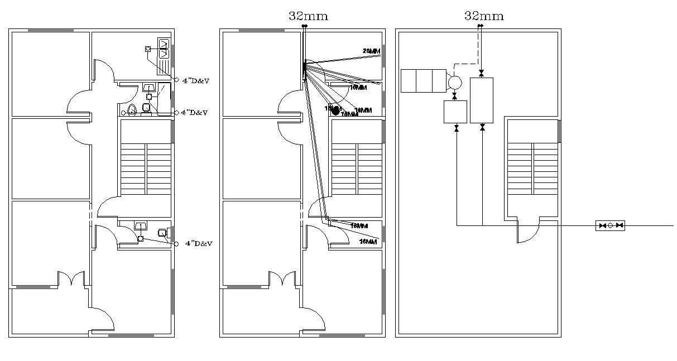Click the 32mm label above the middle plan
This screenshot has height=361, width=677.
(308, 16)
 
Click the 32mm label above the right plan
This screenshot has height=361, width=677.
(484, 16)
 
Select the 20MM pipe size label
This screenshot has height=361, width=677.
(371, 51)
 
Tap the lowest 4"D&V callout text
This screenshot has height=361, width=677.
(199, 244)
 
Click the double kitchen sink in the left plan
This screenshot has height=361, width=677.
(164, 49)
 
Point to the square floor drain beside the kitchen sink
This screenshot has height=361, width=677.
(148, 49)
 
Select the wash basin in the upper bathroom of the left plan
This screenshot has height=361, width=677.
(149, 88)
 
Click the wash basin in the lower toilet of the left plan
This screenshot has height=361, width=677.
(140, 226)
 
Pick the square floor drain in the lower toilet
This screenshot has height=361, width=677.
(141, 239)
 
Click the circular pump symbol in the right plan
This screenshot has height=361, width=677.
(454, 83)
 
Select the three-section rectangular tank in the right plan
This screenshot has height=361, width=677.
(424, 80)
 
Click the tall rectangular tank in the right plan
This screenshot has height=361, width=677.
(482, 100)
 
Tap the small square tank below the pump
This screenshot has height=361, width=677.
(455, 112)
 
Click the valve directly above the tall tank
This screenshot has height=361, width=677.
(482, 73)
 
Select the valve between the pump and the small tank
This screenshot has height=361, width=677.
(454, 97)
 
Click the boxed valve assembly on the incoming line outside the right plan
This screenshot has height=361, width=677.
(609, 226)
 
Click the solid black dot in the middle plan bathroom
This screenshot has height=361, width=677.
(335, 110)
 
